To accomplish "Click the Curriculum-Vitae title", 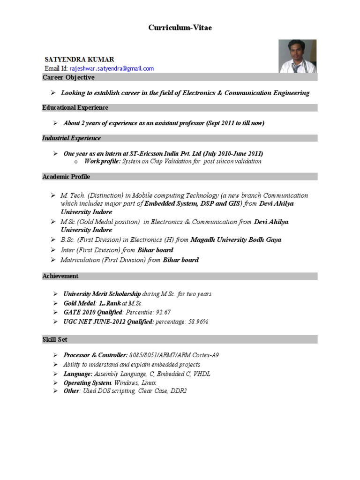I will pyautogui.click(x=180, y=28).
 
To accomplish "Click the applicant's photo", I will pyautogui.click(x=298, y=56).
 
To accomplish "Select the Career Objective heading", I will pyautogui.click(x=68, y=77).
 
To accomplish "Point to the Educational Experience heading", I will pyautogui.click(x=75, y=108).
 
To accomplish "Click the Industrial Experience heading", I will pyautogui.click(x=71, y=138).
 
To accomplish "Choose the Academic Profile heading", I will pyautogui.click(x=66, y=177).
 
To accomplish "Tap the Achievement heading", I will pyautogui.click(x=60, y=276).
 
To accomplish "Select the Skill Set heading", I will pyautogui.click(x=55, y=339).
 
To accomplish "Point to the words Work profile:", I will pyautogui.click(x=103, y=161).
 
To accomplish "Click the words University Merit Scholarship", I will pyautogui.click(x=102, y=294).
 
